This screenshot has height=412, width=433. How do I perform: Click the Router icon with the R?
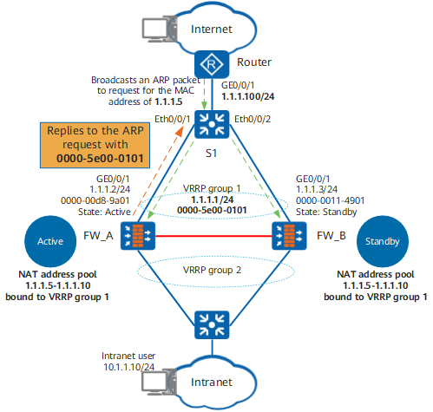coord(212,64)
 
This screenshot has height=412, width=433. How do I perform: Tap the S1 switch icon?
coord(212,124)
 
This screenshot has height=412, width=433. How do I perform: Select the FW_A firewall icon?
coord(138,236)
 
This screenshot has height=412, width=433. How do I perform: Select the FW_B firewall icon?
coord(289,236)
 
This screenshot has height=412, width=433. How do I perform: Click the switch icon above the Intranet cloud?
coord(212,325)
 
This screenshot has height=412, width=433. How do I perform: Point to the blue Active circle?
coord(50,241)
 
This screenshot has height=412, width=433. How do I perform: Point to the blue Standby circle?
coord(383,241)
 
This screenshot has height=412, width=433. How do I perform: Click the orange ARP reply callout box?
coord(95,145)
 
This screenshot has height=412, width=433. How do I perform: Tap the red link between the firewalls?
coord(213,236)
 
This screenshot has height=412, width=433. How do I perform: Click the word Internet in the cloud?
coord(212,29)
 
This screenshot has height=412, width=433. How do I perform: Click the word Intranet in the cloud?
coord(212,383)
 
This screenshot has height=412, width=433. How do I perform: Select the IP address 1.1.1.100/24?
coord(248,96)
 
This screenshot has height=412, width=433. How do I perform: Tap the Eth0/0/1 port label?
coord(172,119)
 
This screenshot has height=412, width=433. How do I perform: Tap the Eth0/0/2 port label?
coord(253,119)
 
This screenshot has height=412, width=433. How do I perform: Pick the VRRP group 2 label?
coord(212,270)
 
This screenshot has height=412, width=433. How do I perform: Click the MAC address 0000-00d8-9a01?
coord(95,200)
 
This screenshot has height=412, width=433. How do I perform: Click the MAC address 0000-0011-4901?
coord(330,200)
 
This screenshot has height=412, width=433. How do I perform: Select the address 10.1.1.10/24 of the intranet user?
coord(129,367)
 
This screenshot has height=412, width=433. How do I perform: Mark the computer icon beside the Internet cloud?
coord(159,30)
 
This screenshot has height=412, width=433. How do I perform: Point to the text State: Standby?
coord(326,212)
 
